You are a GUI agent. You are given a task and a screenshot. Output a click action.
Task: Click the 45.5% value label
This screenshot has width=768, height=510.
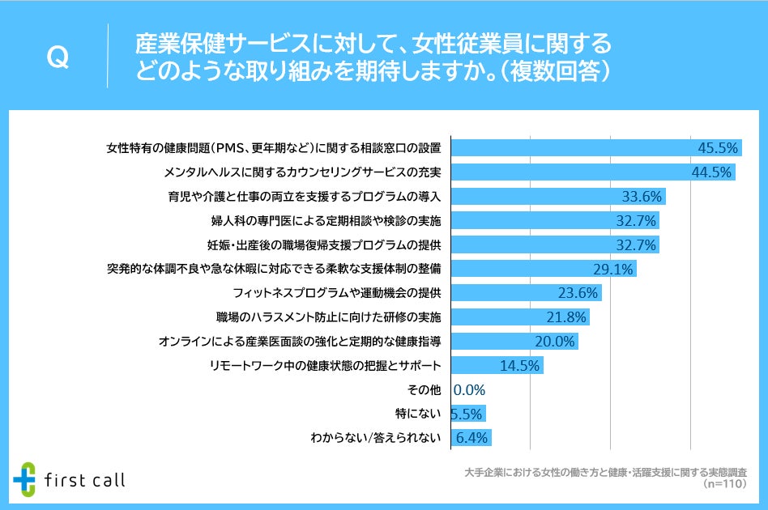[717, 148]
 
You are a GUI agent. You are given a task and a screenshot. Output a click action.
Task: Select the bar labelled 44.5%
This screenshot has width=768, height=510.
[592, 172]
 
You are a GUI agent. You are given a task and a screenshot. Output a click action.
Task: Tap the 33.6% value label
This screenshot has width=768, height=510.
[642, 197]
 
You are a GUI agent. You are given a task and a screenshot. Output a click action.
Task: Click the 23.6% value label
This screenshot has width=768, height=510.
[578, 293]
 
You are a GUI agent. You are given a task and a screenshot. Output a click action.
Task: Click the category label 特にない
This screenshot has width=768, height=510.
[417, 414]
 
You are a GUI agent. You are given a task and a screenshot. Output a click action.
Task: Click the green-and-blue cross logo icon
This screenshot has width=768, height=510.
[26, 479]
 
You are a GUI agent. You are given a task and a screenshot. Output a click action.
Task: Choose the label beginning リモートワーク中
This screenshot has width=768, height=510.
[326, 366]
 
